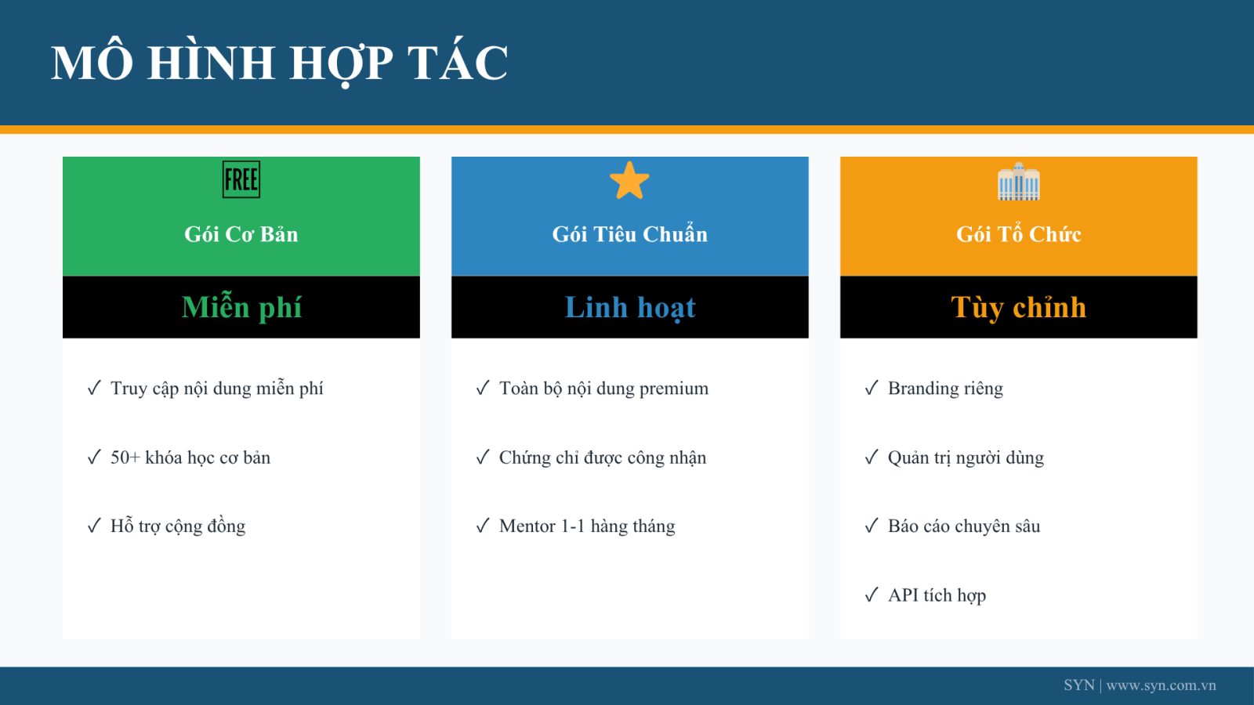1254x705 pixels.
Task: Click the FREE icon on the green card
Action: pos(241,179)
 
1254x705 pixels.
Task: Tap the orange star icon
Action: pos(629,180)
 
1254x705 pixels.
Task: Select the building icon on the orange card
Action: pos(1018,181)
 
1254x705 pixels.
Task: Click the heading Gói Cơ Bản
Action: pos(241,234)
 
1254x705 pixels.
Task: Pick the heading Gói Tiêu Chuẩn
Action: pos(630,234)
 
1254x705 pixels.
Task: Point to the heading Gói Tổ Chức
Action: pos(1018,234)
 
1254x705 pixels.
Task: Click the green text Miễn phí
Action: pos(241,307)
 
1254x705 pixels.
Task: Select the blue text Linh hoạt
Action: pos(630,307)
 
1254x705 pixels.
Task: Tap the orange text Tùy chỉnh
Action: pos(1018,307)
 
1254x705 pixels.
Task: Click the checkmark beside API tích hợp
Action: pos(871,595)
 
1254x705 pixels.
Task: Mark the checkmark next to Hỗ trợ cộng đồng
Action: pos(93,526)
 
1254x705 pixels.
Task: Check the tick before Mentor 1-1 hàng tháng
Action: pos(483,526)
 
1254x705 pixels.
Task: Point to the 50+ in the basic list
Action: pos(125,457)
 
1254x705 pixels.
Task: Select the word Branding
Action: pos(923,389)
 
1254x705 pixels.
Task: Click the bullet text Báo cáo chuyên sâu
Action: pos(964,526)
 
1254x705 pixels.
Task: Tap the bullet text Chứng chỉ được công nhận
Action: pos(603,457)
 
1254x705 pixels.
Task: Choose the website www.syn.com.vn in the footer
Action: pos(1161,685)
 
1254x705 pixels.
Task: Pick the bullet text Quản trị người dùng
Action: pos(966,457)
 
